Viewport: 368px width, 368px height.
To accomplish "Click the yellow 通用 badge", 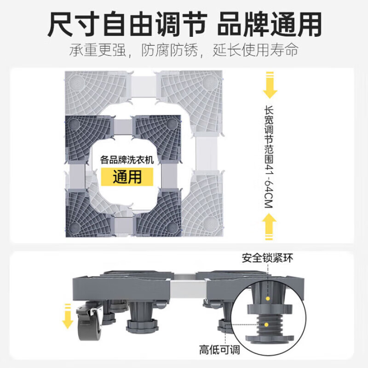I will pyautogui.click(x=127, y=176).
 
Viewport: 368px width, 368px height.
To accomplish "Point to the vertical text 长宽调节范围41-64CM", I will pyautogui.click(x=270, y=156).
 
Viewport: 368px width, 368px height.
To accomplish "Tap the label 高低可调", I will pyautogui.click(x=220, y=350).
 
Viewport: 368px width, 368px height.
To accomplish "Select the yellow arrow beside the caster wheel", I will pyautogui.click(x=69, y=316).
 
